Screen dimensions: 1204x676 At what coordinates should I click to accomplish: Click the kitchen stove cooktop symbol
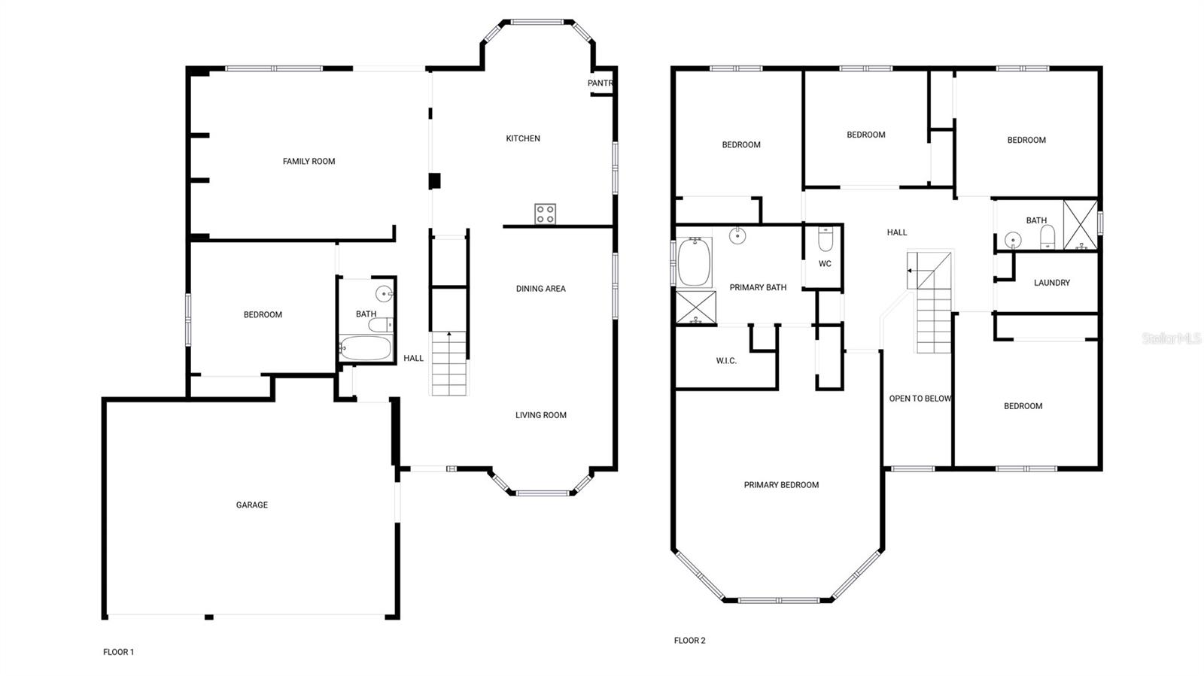[545, 214]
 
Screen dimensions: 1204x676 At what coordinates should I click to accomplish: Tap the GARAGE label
[252, 505]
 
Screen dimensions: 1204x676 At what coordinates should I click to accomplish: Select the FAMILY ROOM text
[309, 161]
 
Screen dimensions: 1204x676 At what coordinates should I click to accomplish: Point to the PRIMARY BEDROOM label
[782, 485]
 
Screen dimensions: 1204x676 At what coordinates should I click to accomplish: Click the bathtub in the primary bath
[694, 262]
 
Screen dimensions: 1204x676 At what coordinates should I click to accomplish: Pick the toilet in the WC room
[825, 239]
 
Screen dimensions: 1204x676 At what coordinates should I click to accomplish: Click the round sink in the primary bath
[737, 235]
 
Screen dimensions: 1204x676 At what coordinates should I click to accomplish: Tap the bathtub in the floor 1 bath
[366, 348]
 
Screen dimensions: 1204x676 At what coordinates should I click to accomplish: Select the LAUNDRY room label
[1052, 283]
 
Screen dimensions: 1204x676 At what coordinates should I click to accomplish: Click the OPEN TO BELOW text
[920, 399]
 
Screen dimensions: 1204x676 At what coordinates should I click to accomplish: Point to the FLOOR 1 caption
[118, 652]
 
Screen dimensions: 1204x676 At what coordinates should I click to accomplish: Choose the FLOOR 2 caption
[689, 640]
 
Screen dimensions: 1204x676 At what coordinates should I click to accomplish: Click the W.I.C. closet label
[726, 361]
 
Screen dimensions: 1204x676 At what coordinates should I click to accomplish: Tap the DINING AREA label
[541, 289]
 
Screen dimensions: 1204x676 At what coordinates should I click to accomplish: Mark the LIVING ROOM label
[541, 415]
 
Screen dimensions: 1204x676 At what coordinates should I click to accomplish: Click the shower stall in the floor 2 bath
[1081, 224]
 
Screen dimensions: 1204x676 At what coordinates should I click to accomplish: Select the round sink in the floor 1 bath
[385, 294]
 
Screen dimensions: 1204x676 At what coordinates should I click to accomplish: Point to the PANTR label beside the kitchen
[600, 83]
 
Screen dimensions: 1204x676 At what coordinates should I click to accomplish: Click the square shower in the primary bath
[696, 308]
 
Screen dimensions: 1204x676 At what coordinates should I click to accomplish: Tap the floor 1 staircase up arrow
[449, 344]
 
